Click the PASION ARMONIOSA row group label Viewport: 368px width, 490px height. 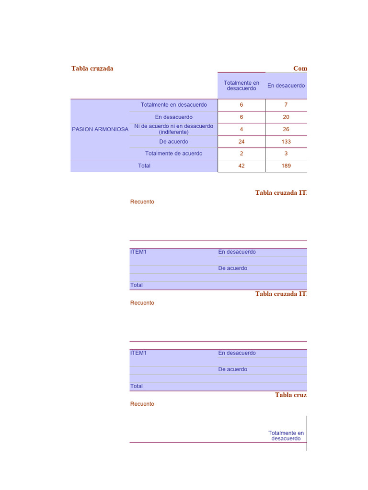(100, 129)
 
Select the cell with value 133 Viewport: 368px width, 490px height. (286, 142)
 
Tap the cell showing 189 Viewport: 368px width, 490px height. (286, 166)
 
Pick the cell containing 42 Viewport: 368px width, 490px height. (241, 166)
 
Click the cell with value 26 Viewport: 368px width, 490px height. (286, 129)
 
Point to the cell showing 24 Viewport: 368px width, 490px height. (241, 142)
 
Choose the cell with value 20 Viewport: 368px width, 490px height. (286, 117)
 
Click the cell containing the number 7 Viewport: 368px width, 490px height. (286, 105)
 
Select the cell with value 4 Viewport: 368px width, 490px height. (241, 129)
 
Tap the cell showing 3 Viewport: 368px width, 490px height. (286, 154)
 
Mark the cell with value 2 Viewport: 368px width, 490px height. (241, 154)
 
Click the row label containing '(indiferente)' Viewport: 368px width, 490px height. (173, 129)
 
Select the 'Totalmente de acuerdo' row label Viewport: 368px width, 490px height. (173, 154)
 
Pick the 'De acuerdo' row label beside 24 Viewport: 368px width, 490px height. (173, 142)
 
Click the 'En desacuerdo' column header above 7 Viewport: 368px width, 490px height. (286, 86)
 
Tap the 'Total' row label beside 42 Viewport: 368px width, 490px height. (144, 166)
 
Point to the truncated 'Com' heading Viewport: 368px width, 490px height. (300, 68)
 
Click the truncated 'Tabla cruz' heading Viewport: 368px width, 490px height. (290, 395)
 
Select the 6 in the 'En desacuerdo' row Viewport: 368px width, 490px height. (241, 117)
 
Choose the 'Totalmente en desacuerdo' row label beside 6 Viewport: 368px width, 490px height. (173, 105)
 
